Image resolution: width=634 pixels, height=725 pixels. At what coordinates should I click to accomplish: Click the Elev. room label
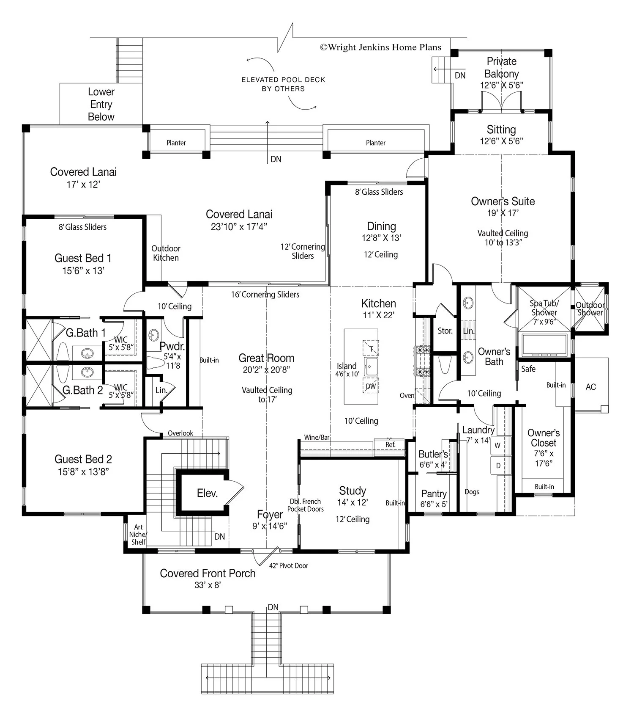click(207, 493)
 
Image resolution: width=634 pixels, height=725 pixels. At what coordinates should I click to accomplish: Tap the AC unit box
click(591, 386)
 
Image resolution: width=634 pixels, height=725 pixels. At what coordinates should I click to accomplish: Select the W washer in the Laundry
click(497, 445)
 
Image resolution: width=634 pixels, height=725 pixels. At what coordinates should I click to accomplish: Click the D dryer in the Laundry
click(498, 466)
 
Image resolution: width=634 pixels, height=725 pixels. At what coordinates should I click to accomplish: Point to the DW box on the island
click(371, 386)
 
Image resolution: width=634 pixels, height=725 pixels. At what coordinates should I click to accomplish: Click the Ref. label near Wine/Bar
click(391, 444)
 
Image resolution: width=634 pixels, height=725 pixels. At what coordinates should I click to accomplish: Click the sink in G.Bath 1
click(87, 353)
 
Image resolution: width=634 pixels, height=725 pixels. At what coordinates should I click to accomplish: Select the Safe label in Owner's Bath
click(528, 369)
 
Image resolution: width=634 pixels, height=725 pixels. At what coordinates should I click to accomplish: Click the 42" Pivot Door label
click(289, 565)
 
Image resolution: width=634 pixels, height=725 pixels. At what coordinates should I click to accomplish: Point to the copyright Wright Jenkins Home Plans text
click(380, 47)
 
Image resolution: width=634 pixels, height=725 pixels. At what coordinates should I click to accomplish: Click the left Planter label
click(176, 143)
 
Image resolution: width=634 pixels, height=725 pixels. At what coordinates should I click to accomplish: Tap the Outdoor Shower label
click(590, 309)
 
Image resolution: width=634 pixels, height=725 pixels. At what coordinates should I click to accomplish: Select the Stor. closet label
click(445, 331)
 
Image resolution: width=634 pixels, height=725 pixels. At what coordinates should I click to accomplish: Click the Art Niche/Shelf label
click(138, 534)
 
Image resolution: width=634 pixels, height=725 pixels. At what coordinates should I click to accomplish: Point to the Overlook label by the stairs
click(180, 433)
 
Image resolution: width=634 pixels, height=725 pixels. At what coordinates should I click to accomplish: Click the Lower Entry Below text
click(101, 104)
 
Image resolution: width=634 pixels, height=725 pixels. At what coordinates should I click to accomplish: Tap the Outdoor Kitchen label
click(166, 253)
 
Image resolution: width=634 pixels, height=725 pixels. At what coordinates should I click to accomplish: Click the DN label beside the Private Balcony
click(460, 75)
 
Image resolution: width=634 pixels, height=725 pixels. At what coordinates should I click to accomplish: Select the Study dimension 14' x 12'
click(353, 502)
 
